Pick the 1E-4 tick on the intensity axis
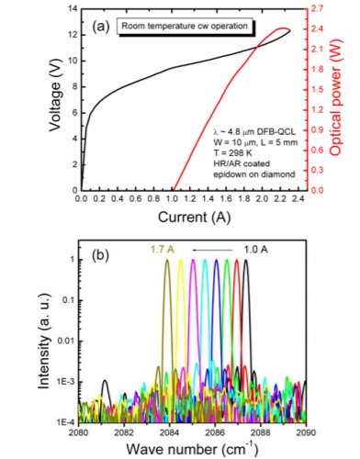tap(64, 421)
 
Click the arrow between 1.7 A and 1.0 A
tap(208, 248)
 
